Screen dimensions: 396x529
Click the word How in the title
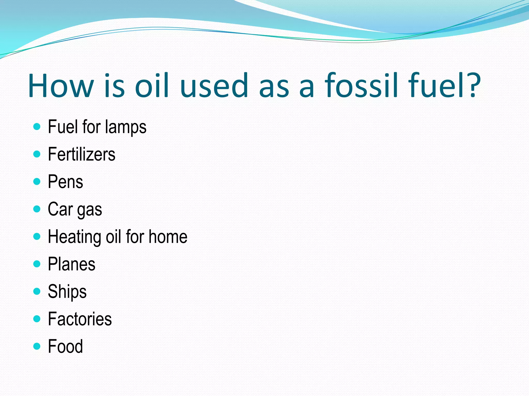coord(61,86)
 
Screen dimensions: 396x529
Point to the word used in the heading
coord(214,86)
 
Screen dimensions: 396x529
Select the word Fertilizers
coord(82,154)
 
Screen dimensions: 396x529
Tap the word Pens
coord(65,182)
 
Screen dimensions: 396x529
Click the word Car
coord(60,209)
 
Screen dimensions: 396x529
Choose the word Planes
coord(72,264)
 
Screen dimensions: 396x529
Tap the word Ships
coord(67,292)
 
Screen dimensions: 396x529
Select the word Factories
coord(80,319)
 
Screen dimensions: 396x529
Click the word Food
coord(65,346)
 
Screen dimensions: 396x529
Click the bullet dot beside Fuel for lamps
coord(37,127)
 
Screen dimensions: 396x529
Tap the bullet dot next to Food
coord(37,346)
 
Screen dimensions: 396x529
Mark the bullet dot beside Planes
coord(37,264)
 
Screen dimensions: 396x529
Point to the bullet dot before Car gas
coord(37,209)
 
